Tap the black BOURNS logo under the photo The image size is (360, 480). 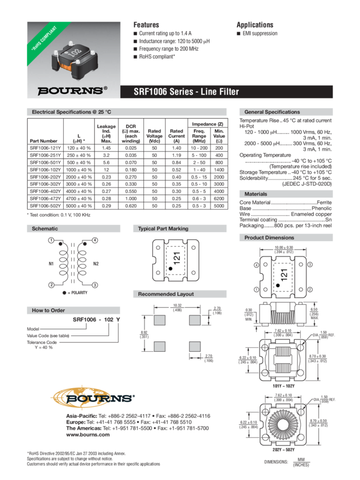click(x=71, y=90)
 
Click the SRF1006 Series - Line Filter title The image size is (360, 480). click(x=186, y=91)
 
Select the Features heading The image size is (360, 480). click(x=146, y=25)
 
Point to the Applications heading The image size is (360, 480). click(x=254, y=25)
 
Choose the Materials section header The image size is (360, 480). click(x=256, y=194)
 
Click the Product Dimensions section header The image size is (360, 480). click(x=269, y=238)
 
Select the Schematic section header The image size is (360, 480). click(x=45, y=229)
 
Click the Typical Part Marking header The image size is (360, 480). click(x=163, y=229)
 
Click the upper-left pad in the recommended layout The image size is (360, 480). click(x=160, y=320)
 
